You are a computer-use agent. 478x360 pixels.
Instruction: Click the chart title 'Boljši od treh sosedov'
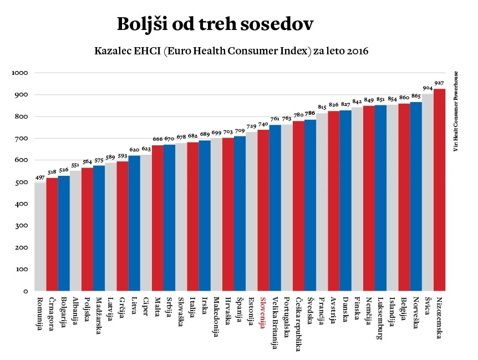(x=215, y=24)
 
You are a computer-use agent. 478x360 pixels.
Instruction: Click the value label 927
(x=439, y=83)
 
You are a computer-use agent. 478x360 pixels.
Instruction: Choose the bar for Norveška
(x=416, y=196)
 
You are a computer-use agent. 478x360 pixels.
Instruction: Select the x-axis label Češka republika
(x=298, y=324)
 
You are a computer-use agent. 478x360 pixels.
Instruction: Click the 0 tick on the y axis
(x=25, y=291)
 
